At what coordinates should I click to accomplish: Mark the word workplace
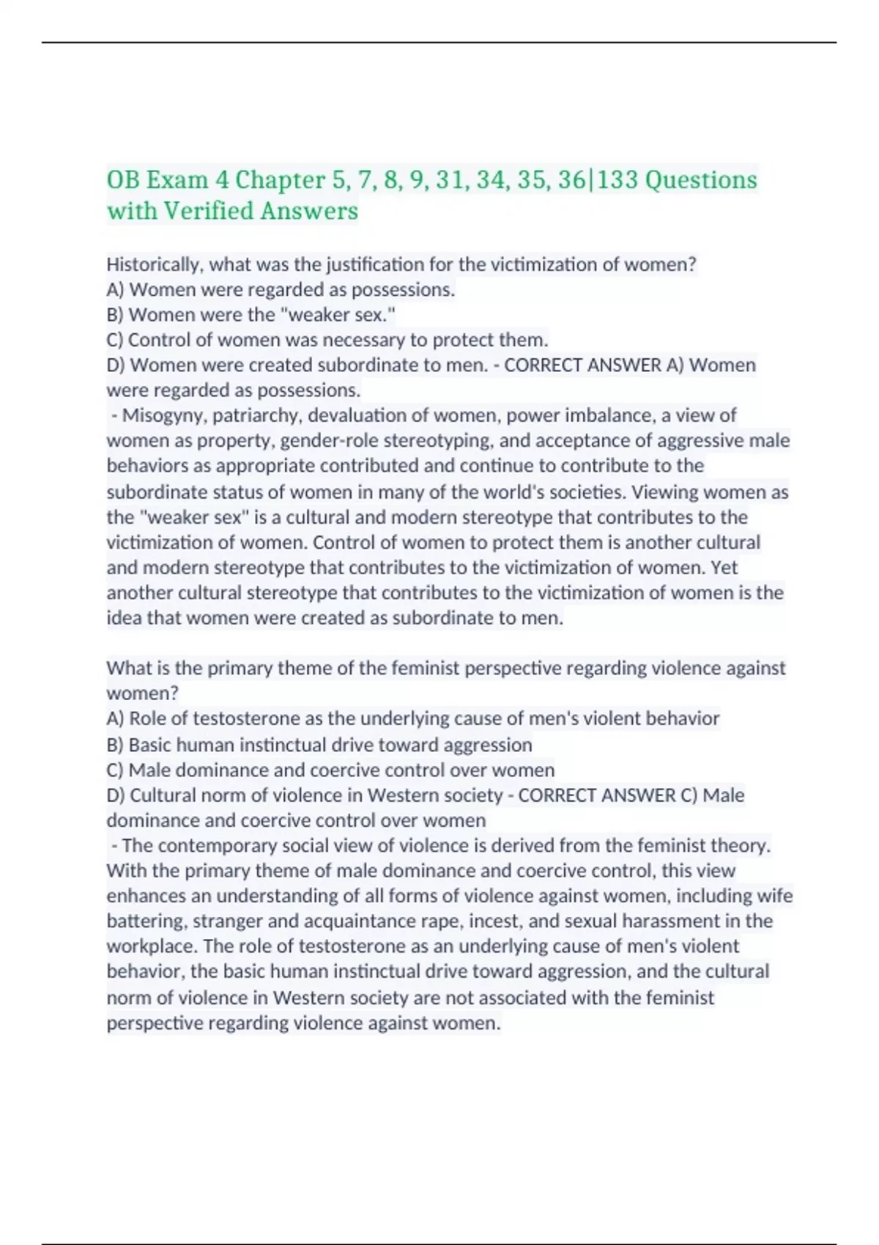[152, 946]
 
